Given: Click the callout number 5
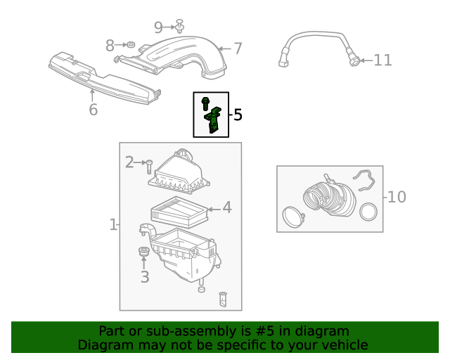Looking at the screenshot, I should point(238,115).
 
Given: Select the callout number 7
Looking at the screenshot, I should point(238,49).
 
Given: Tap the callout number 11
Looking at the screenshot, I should point(382,60).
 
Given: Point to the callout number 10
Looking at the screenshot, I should point(397,197).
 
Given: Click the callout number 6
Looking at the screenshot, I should point(93,110).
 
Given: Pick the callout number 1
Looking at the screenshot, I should point(112,224).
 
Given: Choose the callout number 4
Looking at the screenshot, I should point(226,207).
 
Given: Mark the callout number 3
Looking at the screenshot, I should point(144,277).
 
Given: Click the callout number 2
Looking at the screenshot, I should point(129,162).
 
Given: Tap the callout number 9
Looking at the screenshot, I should point(158,27).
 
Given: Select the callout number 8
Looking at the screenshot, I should point(110,46).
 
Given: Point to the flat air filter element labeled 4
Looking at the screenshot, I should point(179,212).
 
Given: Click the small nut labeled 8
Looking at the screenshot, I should point(130,46).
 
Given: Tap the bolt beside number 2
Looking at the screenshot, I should point(149,166).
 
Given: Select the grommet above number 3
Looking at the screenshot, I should point(144,252).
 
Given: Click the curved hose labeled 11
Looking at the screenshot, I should point(316,39).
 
